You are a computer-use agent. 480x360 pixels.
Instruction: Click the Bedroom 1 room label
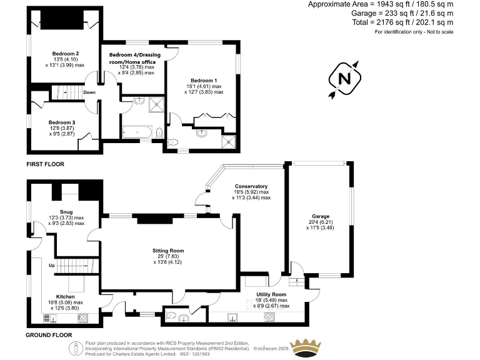pos(204,81)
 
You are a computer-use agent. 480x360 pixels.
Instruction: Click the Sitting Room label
pos(167,250)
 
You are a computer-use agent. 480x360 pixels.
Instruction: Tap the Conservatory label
pos(251,186)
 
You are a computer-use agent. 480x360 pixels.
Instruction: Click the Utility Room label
pos(271,294)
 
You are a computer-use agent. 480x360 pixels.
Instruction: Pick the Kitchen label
pos(65,296)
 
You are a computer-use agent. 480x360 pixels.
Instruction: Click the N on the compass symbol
pos(344,79)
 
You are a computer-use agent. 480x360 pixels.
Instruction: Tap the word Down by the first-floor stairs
pos(89,92)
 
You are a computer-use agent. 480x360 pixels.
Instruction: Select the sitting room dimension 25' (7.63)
pos(167,256)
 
